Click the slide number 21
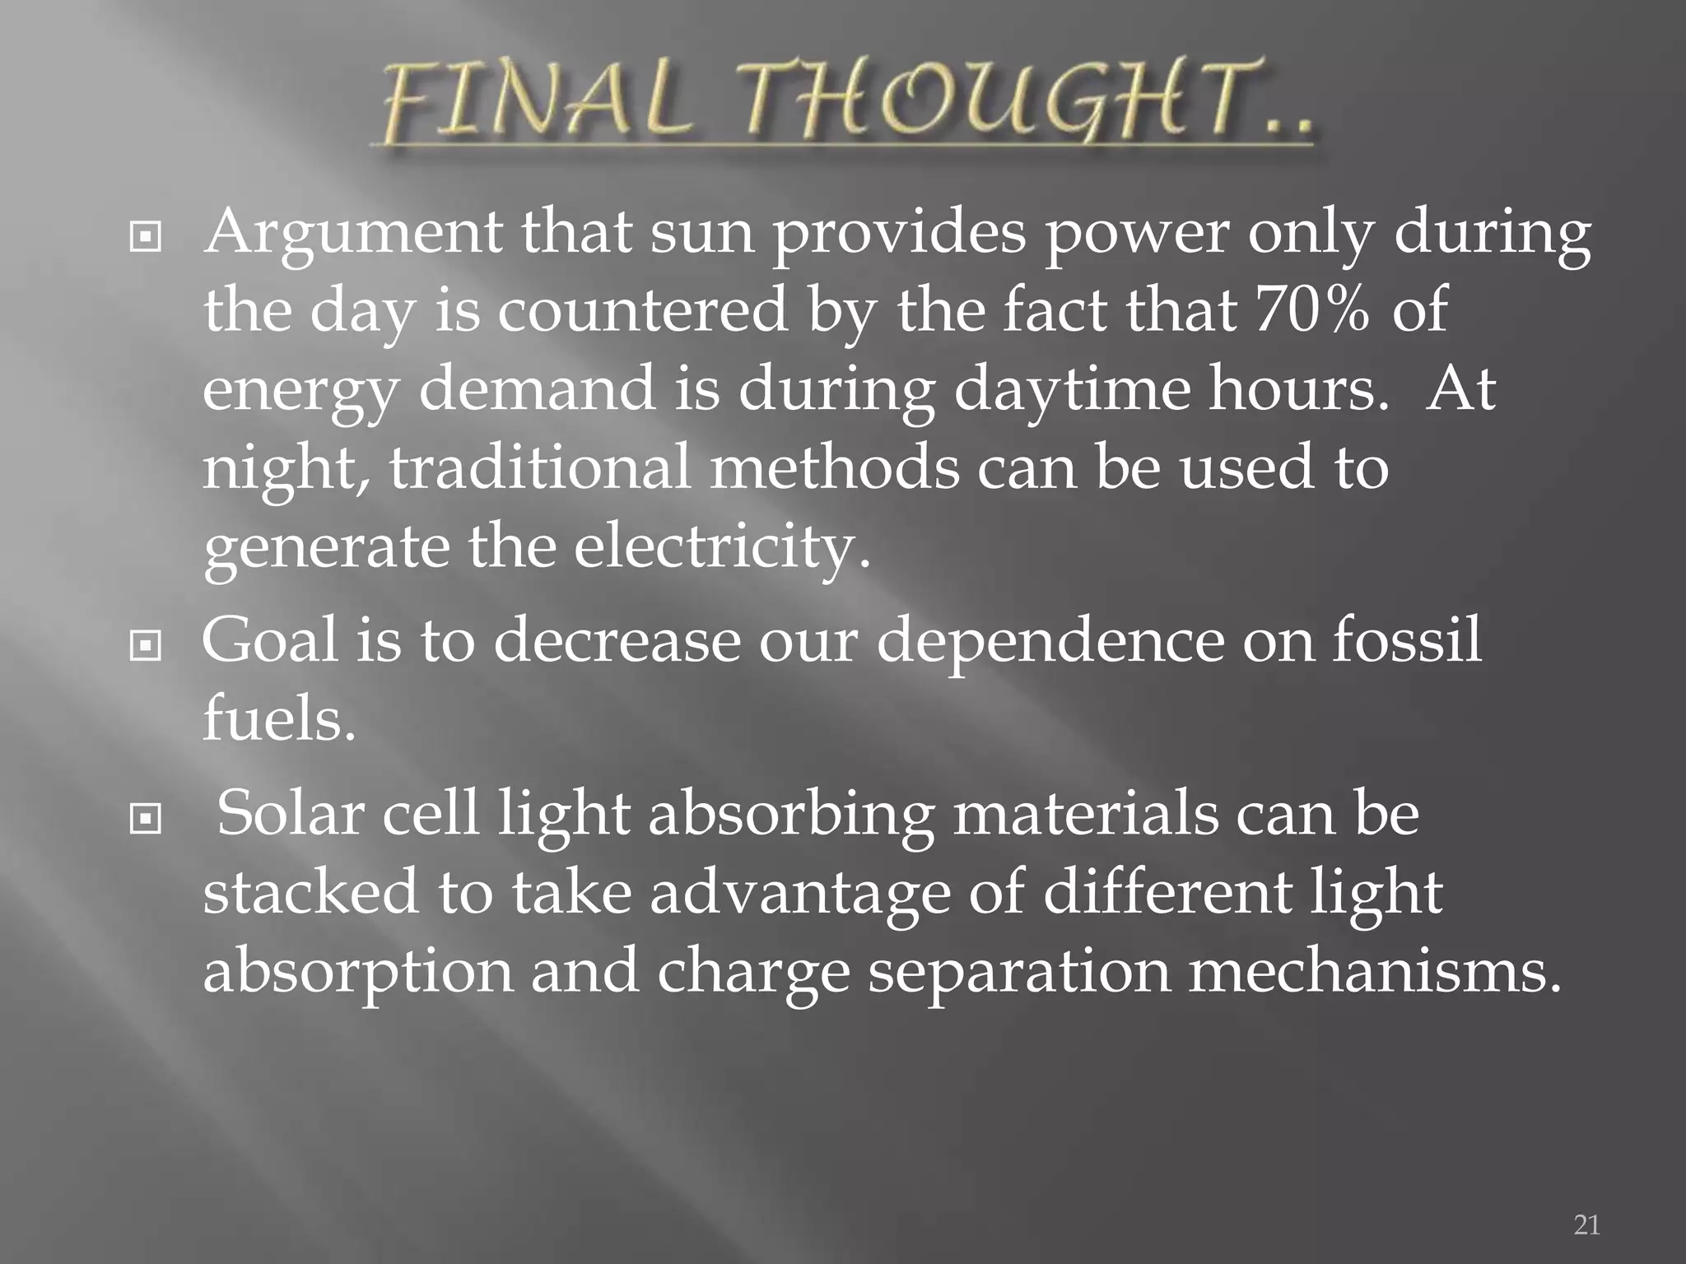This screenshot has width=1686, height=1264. coord(1586,1224)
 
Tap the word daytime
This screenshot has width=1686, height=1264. coord(1072,390)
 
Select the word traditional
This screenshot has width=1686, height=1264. coord(540,467)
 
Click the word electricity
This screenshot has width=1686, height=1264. coord(721,547)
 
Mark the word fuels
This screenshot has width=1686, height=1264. coord(279,718)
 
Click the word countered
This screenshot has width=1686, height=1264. coord(642,310)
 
